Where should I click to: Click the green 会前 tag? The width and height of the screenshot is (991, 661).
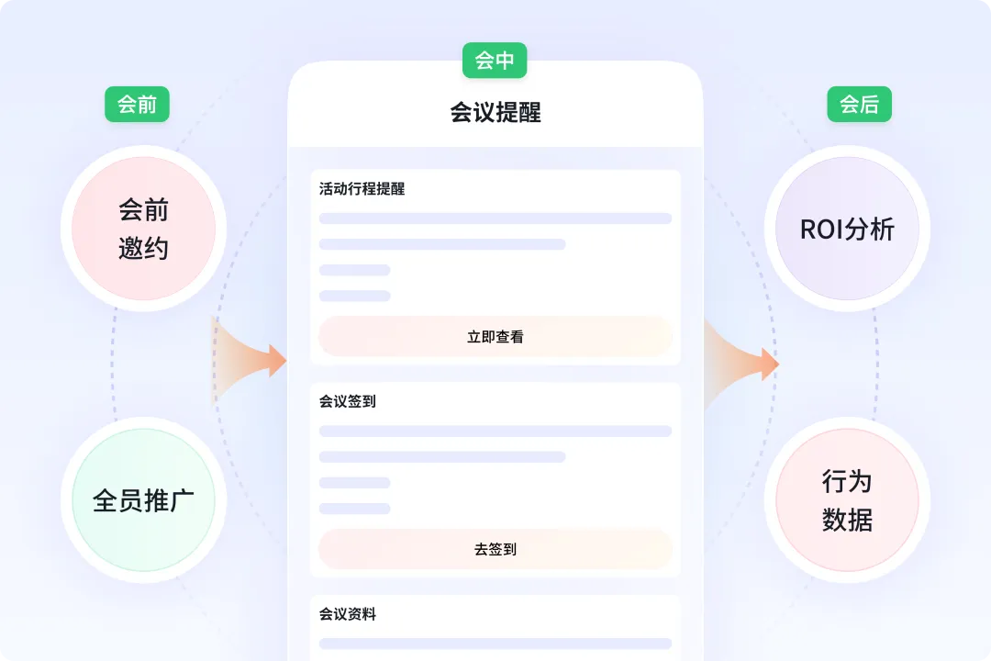137,105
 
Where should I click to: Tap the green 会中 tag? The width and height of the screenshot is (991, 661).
495,61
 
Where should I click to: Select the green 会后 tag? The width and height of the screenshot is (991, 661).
859,105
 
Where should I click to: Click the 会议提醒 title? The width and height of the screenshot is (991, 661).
495,112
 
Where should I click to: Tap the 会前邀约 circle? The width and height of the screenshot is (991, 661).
143,229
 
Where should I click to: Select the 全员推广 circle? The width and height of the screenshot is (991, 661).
143,499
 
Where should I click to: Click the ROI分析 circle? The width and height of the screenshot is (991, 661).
847,229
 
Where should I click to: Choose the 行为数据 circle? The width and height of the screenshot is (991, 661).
847,500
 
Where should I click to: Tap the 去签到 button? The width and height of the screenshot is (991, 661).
495,549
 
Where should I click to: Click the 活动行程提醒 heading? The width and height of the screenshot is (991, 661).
362,189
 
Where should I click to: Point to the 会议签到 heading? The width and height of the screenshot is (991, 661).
348,401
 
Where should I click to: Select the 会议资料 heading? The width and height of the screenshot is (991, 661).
348,614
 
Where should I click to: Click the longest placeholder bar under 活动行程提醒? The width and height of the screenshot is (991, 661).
495,218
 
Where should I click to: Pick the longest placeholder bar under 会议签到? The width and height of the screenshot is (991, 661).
495,431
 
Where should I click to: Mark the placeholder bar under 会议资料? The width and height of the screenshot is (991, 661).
495,644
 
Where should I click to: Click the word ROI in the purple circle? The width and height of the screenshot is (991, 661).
822,230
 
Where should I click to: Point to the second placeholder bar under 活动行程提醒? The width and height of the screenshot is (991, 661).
442,244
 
